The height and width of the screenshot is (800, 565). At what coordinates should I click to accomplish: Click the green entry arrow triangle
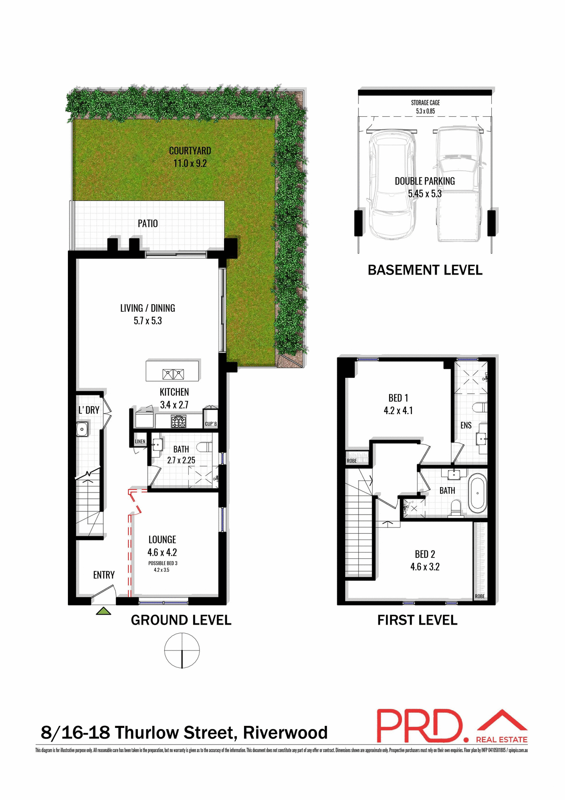point(103,611)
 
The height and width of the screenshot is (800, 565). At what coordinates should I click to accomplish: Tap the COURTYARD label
point(190,151)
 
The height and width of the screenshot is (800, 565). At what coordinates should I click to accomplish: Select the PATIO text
point(148,224)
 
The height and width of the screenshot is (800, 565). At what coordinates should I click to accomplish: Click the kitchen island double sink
point(173,374)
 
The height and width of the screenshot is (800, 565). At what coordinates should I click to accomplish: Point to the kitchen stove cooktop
point(179,422)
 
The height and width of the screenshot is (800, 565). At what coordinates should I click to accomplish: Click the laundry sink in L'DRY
point(82,429)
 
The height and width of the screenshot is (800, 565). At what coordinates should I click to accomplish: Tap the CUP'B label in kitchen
point(211,424)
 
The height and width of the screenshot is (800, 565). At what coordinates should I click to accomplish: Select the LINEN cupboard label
point(140,442)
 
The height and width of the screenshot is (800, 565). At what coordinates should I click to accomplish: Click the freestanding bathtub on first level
point(477,493)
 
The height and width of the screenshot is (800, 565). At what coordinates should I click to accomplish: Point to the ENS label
point(466,425)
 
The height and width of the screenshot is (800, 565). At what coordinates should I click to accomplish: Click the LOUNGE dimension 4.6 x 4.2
point(162,552)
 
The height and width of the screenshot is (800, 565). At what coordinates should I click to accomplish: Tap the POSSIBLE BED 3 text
point(163,563)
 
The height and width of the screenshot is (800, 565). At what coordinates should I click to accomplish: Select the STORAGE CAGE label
point(425,103)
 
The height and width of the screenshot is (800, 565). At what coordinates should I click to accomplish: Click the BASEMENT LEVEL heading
point(425,270)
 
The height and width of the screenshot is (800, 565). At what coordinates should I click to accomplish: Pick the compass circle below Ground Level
point(182,650)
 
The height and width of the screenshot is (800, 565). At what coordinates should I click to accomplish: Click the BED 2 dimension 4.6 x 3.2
point(425,567)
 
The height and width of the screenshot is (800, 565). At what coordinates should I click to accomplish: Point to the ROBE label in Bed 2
point(480,596)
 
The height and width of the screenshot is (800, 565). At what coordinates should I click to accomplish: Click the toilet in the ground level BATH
point(204,447)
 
